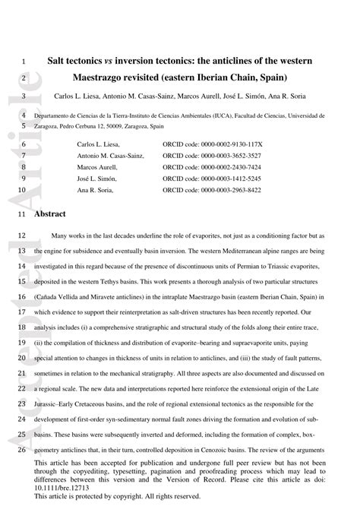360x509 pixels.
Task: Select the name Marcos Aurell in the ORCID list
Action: click(99, 167)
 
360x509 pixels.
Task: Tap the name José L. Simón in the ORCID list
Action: click(98, 179)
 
